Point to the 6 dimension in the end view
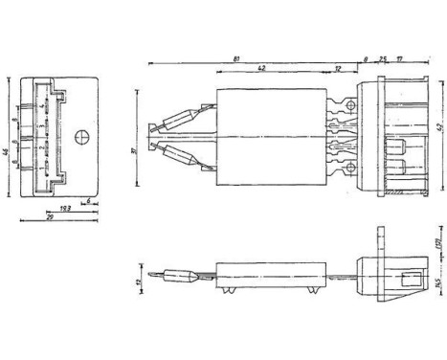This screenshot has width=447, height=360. click(89, 202)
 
